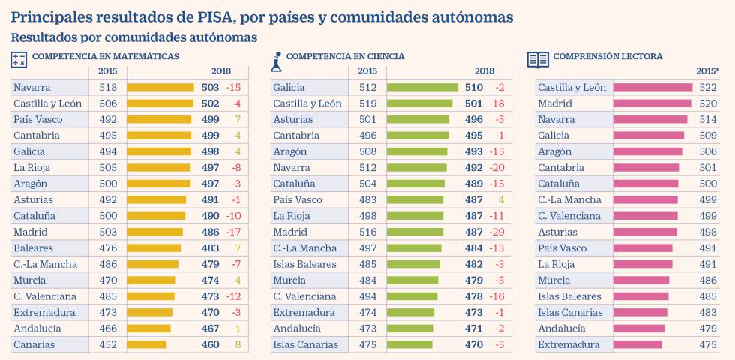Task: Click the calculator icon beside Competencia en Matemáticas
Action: point(19,58)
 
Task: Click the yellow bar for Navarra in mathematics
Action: point(160,87)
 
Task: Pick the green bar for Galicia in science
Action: point(421,87)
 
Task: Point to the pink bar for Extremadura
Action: point(637,344)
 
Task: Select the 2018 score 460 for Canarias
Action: point(211,344)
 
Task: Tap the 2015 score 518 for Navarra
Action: point(107,87)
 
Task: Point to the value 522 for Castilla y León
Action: point(707,87)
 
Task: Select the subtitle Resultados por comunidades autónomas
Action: point(134,37)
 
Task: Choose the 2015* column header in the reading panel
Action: point(706,71)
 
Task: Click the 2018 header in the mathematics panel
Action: point(220,71)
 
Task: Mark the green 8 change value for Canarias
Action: point(237,344)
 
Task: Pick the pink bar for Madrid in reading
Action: point(652,103)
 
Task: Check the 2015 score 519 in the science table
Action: point(367,103)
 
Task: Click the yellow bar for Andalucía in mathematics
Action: point(148,328)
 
